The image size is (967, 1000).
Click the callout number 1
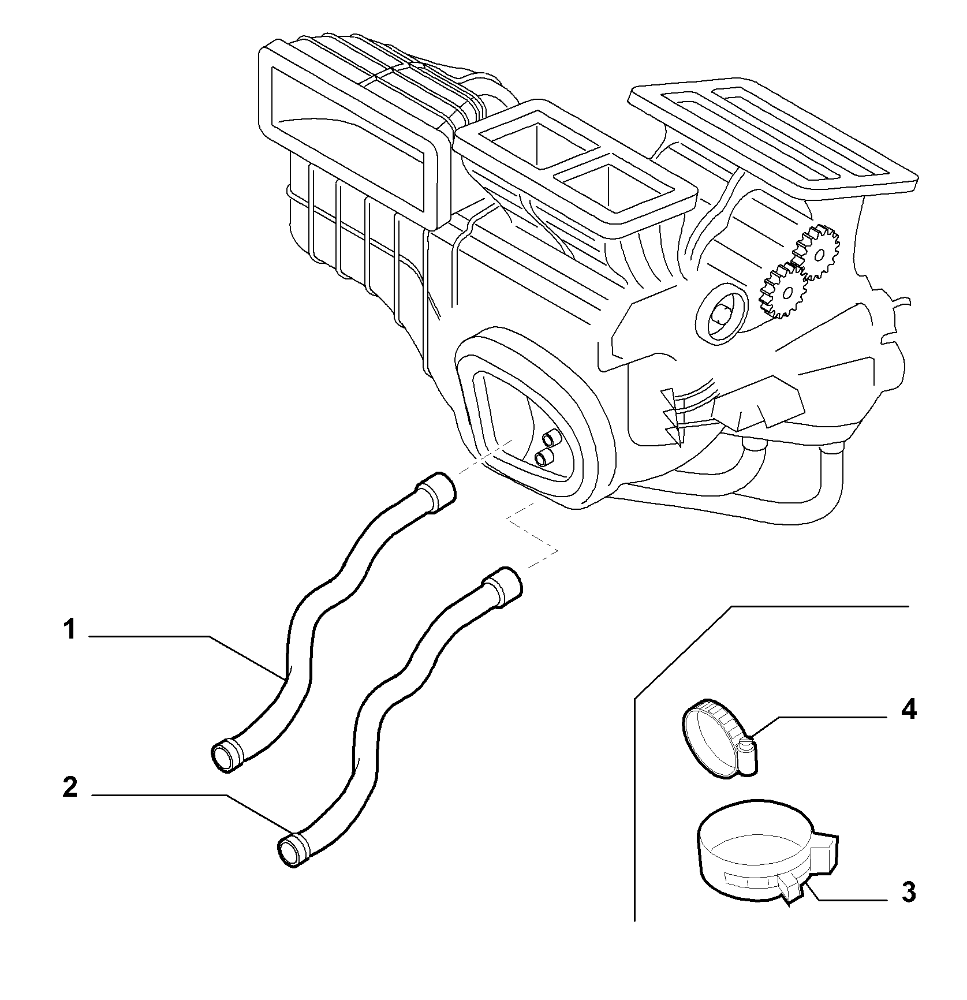click(70, 630)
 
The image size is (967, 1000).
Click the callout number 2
click(70, 788)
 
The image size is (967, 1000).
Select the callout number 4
click(908, 710)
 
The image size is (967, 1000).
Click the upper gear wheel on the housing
click(817, 252)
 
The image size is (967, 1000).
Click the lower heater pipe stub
click(544, 458)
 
